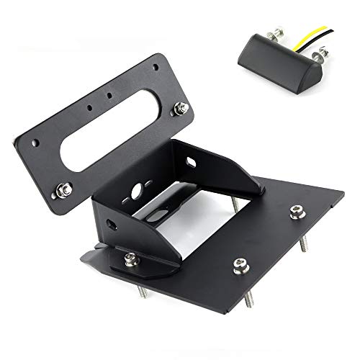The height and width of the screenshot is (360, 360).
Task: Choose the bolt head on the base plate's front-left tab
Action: (130, 256)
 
